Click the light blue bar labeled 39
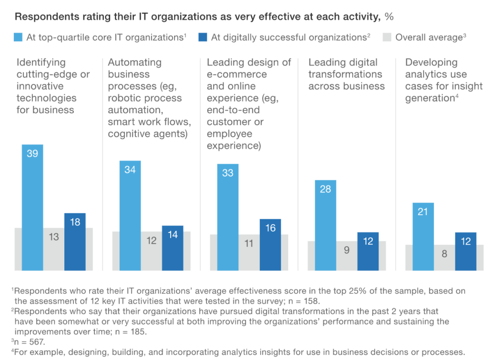coord(32,207)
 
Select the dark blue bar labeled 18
coord(75,242)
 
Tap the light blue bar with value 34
coord(130,216)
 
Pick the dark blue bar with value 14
coord(173,248)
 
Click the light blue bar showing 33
coord(228,217)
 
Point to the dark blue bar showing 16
coord(270,245)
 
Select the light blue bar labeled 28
coord(325,225)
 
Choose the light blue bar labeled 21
coord(423,237)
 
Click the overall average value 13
coord(54,237)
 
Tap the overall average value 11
coord(249,243)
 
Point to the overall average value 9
coord(347,250)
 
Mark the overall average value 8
coord(444,254)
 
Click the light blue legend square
coord(20,37)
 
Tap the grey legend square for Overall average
coord(387,37)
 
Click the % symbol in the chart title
coord(389,17)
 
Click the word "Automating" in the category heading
coord(134,62)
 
